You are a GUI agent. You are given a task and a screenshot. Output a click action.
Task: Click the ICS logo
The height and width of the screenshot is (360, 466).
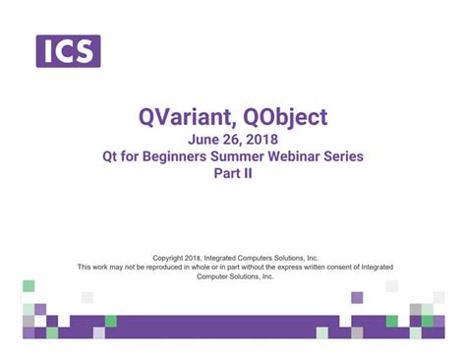coord(68,50)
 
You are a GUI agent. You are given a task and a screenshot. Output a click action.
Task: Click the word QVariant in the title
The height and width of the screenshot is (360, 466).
coord(183,118)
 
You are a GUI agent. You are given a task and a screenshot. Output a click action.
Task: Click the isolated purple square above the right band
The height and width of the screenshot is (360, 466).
coord(357,297)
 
